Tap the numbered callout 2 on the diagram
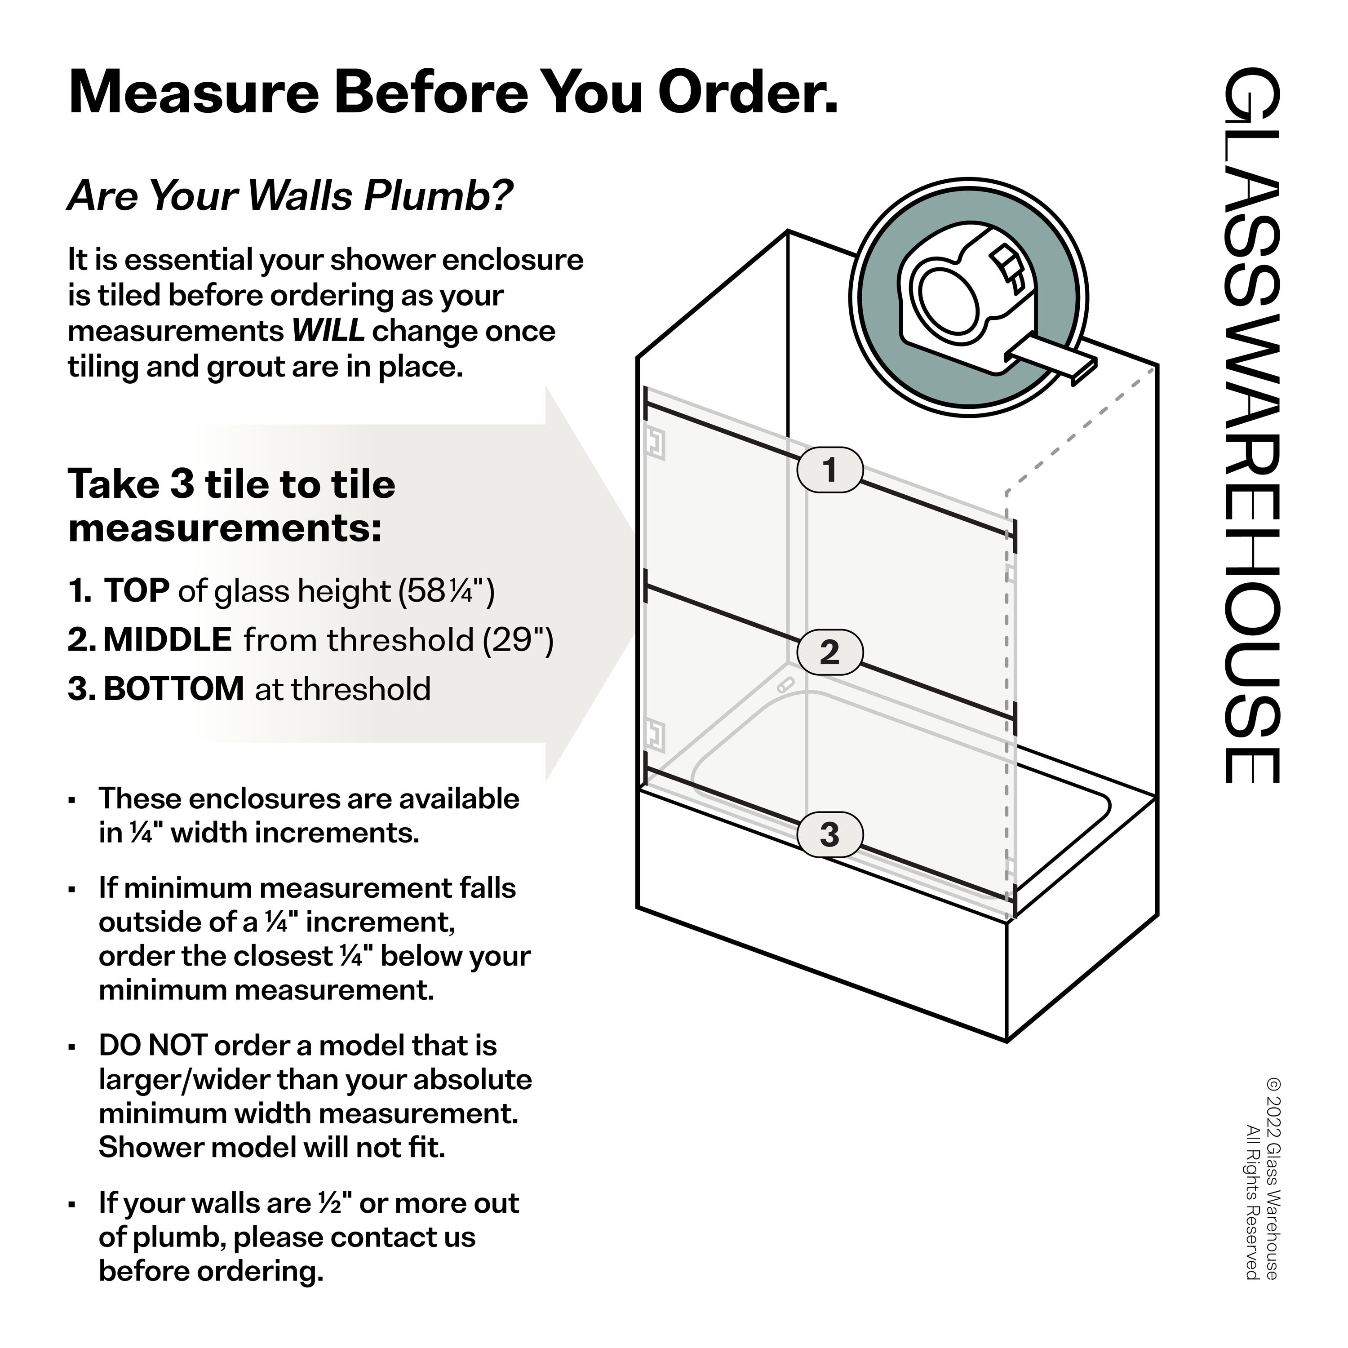[x=829, y=652]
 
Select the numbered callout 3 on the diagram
[x=829, y=834]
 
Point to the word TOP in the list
[x=137, y=591]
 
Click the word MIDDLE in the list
[x=168, y=640]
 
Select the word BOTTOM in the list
[x=174, y=689]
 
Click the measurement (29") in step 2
[x=519, y=640]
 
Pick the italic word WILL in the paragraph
[x=328, y=331]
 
